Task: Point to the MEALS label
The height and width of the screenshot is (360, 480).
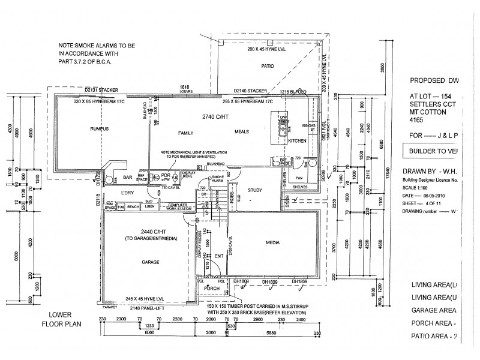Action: (x=241, y=132)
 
